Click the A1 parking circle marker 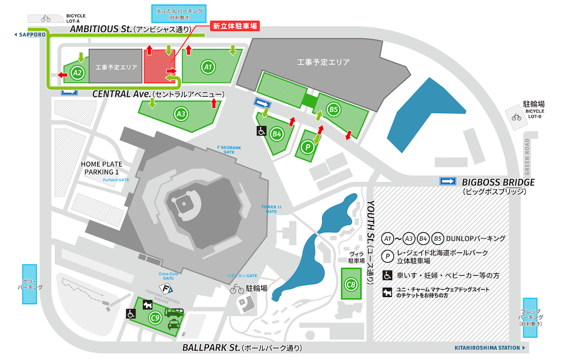208,67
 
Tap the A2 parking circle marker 78,72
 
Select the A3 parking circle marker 181,114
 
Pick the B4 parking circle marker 276,134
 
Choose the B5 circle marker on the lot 334,109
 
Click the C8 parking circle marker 351,285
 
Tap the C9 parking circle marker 155,317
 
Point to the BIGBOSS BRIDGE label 498,182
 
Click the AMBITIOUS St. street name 101,29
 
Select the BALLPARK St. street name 211,347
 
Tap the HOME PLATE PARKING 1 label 102,168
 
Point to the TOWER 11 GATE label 272,209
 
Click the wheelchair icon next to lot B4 262,130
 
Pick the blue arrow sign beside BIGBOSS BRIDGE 448,181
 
